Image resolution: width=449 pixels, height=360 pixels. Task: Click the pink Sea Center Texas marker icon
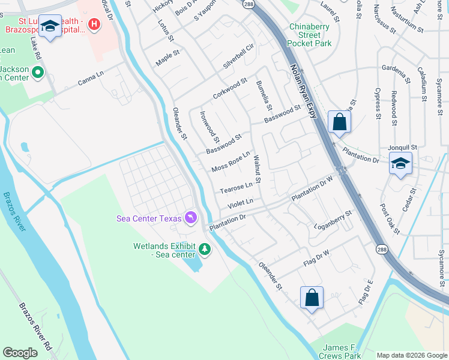click(x=191, y=217)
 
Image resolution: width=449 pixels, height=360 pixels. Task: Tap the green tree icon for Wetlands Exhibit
click(x=205, y=248)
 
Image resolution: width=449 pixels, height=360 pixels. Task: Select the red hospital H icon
click(x=94, y=25)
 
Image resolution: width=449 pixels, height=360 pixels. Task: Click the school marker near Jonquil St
click(x=400, y=163)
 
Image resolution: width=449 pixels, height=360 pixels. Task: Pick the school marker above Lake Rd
click(x=50, y=26)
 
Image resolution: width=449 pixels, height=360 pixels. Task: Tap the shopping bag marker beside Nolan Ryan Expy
click(x=339, y=122)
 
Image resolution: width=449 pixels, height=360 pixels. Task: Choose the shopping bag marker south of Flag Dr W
click(x=312, y=298)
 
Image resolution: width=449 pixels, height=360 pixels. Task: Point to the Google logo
click(x=20, y=353)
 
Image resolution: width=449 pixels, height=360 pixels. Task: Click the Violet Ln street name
click(x=240, y=204)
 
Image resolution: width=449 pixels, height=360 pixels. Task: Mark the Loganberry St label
click(x=334, y=220)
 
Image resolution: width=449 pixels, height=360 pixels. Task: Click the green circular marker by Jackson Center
click(x=38, y=73)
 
